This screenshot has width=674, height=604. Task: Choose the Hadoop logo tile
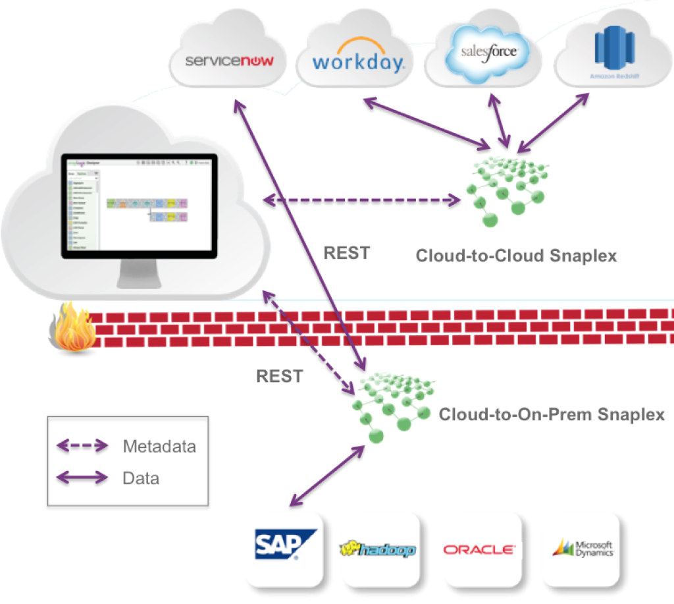pyautogui.click(x=378, y=549)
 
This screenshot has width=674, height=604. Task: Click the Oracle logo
pyautogui.click(x=479, y=549)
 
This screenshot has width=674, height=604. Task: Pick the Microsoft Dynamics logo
pyautogui.click(x=583, y=548)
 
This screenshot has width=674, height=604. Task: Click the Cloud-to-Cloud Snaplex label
pyautogui.click(x=516, y=256)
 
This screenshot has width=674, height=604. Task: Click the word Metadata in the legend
pyautogui.click(x=159, y=447)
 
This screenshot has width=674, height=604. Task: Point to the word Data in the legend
pyautogui.click(x=141, y=478)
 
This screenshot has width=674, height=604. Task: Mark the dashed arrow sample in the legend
pyautogui.click(x=82, y=447)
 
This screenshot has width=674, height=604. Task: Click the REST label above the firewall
pyautogui.click(x=347, y=253)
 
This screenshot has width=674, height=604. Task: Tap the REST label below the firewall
pyautogui.click(x=280, y=376)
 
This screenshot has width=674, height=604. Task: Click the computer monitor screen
pyautogui.click(x=140, y=204)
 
